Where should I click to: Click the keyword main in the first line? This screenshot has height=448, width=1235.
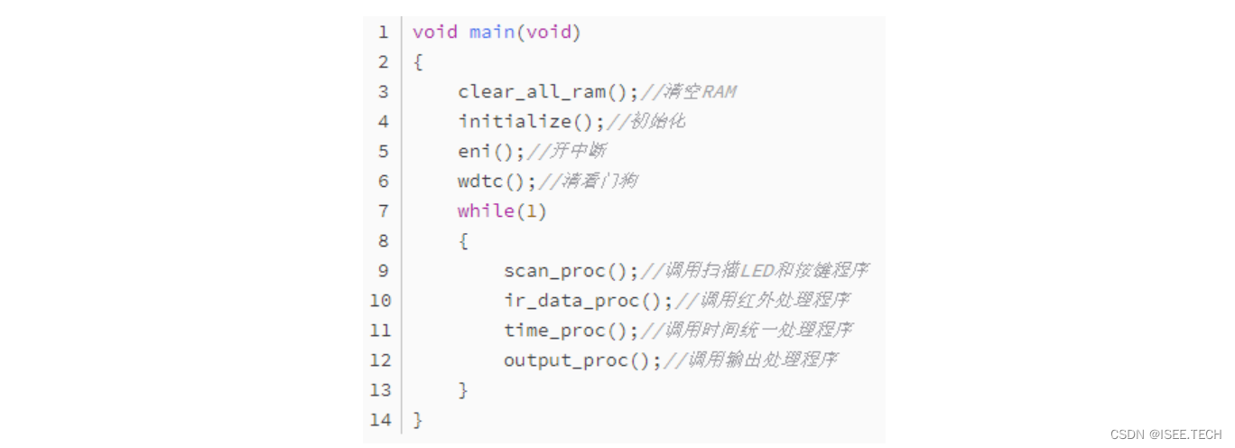[491, 33]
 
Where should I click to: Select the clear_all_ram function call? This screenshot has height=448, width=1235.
[531, 92]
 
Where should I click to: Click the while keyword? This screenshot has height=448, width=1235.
[486, 211]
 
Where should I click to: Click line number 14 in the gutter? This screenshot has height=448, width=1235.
[380, 420]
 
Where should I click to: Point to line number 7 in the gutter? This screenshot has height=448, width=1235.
[384, 211]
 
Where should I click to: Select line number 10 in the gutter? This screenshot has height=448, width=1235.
[380, 301]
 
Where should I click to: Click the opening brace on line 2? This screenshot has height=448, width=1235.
[418, 62]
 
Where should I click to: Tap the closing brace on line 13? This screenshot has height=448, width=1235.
[463, 390]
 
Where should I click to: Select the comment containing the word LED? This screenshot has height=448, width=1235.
[766, 271]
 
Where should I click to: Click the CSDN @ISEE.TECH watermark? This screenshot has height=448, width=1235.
[1165, 434]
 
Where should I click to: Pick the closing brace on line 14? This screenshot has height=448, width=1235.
[418, 420]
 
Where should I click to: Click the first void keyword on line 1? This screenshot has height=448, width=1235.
[435, 33]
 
